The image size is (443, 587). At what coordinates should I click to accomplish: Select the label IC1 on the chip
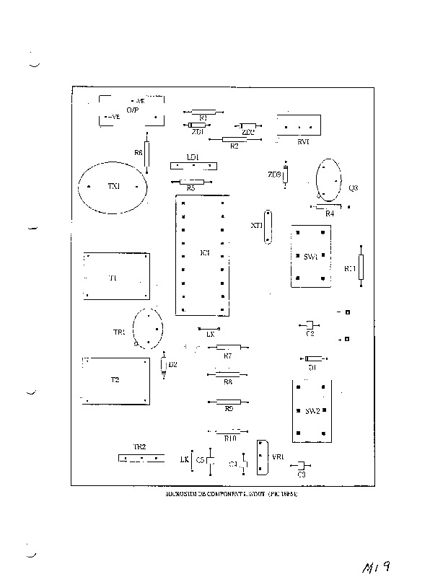coord(204,253)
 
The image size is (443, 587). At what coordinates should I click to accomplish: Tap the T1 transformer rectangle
coord(117,275)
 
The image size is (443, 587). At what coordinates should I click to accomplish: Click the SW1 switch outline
coord(311,257)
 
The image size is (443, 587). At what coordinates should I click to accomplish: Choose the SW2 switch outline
coord(311,410)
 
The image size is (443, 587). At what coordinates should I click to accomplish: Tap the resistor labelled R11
coord(361,266)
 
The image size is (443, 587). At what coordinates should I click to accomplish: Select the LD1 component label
coord(193,156)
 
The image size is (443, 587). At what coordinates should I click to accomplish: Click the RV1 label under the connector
coord(304,142)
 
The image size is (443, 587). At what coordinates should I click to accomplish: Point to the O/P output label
coord(133,110)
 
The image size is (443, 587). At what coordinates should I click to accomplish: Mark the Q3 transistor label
coord(353,188)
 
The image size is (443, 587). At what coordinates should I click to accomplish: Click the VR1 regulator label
coord(277,457)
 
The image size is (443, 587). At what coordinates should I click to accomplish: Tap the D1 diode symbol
coord(313,358)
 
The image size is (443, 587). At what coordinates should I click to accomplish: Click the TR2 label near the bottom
coord(140,447)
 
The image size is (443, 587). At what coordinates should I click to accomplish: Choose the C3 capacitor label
coord(302,475)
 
